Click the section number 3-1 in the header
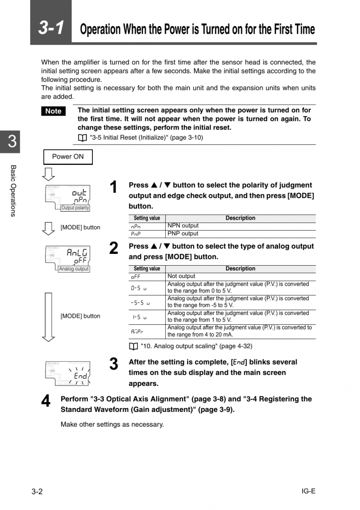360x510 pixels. pyautogui.click(x=51, y=27)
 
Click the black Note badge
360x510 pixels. pyautogui.click(x=53, y=111)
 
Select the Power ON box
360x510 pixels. pyautogui.click(x=68, y=157)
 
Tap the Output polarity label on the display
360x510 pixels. pyautogui.click(x=75, y=208)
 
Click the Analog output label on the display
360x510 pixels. pyautogui.click(x=73, y=269)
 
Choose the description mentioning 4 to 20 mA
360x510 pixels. pyautogui.click(x=240, y=331)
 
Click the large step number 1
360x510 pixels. pyautogui.click(x=114, y=188)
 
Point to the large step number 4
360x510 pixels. pyautogui.click(x=45, y=402)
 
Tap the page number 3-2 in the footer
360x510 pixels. pyautogui.click(x=37, y=492)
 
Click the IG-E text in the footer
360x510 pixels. pyautogui.click(x=308, y=491)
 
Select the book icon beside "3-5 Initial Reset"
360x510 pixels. pyautogui.click(x=82, y=138)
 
